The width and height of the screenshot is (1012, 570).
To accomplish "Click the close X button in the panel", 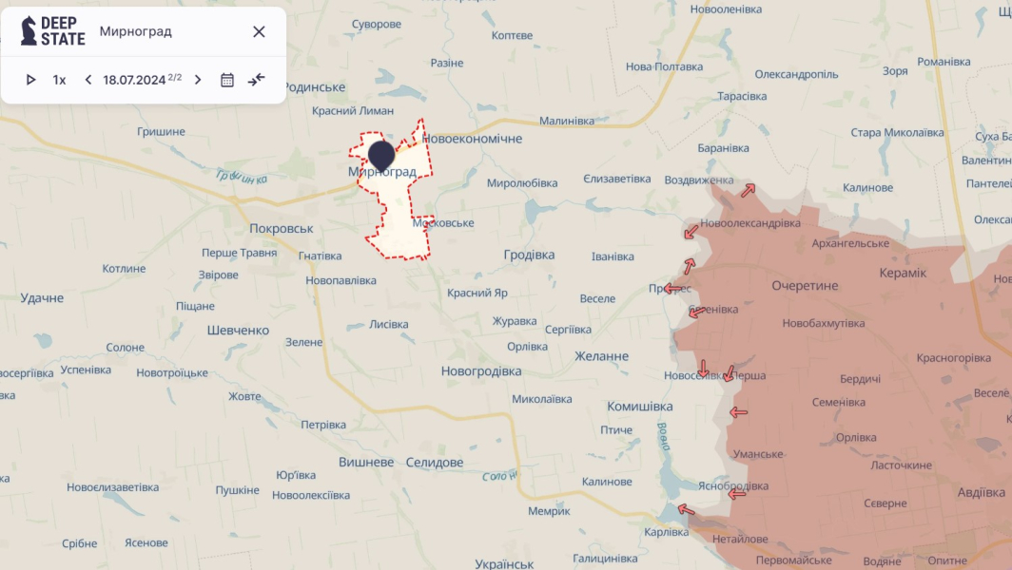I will tap(259, 31).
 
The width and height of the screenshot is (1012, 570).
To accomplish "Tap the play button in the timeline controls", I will tap(30, 80).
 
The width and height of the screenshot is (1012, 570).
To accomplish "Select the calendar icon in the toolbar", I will tap(227, 80).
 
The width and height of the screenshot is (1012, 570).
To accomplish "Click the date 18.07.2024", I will tap(134, 80).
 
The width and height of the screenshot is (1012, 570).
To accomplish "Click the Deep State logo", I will tap(53, 31).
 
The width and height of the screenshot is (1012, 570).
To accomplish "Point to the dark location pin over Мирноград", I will tap(381, 155).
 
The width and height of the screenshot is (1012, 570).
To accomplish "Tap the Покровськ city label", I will tap(281, 229).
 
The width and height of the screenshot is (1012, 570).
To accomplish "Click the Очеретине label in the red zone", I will tap(805, 285).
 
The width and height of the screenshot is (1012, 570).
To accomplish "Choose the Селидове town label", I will tap(434, 463).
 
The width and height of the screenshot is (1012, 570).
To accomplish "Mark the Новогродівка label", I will tap(481, 370).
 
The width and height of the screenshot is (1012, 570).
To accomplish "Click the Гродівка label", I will tap(528, 255).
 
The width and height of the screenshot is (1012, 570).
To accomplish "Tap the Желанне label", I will tap(601, 356).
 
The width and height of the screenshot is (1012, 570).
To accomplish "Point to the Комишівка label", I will tap(639, 407).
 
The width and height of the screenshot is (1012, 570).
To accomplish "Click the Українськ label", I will tap(504, 564).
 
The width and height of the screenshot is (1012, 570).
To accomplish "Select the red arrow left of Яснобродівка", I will tap(736, 493).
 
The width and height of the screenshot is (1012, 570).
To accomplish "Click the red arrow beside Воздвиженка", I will tap(749, 190).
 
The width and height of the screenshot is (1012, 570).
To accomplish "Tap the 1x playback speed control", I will tap(59, 80).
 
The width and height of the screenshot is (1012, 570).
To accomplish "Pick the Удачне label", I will tap(42, 297).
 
